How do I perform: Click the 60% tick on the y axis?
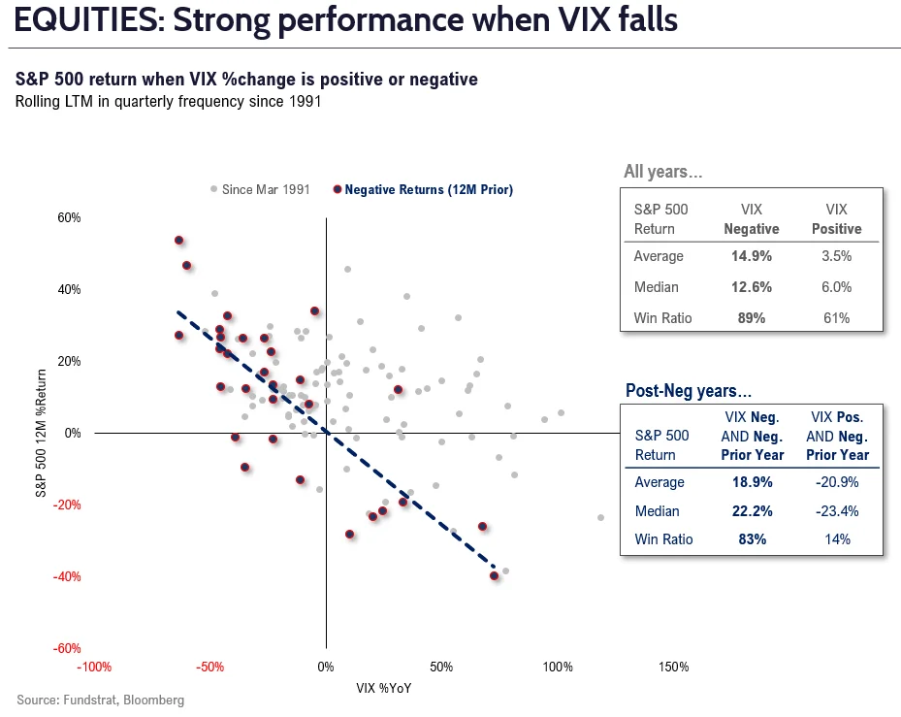coord(68,217)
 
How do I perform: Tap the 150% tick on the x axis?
coord(673,667)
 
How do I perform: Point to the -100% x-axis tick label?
coord(94,667)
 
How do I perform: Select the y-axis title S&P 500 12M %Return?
coord(42,433)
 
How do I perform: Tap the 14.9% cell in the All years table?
coord(752,256)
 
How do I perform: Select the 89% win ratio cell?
coord(752,317)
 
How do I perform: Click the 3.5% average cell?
coord(836,256)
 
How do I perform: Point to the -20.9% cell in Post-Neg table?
coord(837,482)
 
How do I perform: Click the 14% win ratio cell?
coord(837,539)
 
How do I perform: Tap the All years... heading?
coord(663,172)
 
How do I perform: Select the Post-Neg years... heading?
coord(688,391)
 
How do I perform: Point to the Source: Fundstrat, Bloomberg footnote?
coord(100,700)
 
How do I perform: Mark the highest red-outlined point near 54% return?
coord(178,240)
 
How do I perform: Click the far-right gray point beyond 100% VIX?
coord(600,517)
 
